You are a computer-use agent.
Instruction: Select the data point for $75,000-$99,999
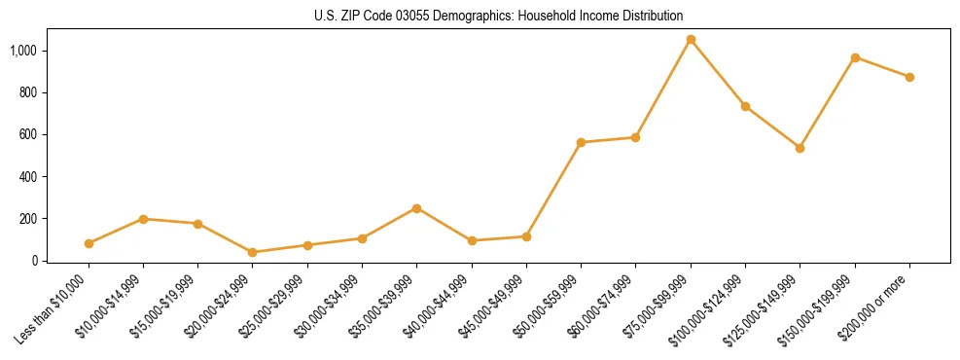(691, 40)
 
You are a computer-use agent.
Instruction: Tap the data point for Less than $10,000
(89, 243)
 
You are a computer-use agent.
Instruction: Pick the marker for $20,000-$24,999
(253, 252)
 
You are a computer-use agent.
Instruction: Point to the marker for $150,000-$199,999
(855, 57)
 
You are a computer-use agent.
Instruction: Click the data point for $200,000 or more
(909, 77)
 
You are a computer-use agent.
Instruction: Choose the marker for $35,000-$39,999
(416, 208)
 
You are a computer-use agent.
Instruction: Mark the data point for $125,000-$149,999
(800, 148)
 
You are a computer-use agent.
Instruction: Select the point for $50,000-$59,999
(581, 142)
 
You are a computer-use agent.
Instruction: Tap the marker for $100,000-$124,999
(745, 106)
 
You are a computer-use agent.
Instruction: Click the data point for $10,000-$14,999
(143, 219)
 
